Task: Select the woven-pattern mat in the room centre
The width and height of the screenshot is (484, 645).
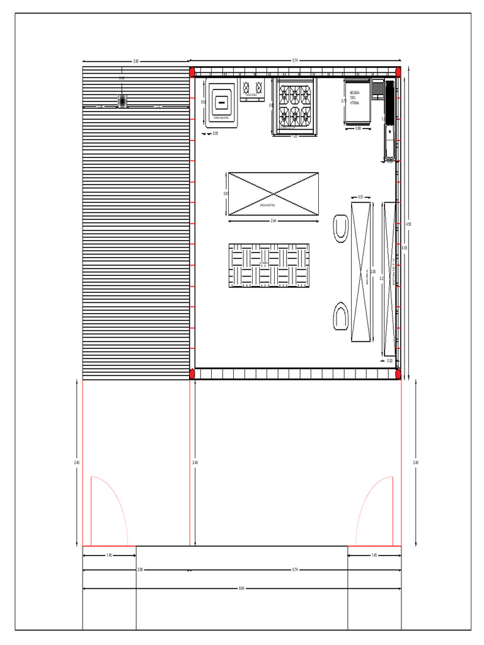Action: click(269, 265)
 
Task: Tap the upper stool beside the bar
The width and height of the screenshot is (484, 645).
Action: click(341, 227)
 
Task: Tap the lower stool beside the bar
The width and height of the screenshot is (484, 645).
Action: click(341, 316)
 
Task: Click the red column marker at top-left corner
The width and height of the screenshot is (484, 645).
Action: click(192, 72)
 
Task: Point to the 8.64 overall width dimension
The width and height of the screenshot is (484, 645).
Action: click(242, 589)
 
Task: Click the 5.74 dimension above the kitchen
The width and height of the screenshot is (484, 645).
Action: click(295, 60)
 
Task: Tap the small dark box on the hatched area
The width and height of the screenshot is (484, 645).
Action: click(122, 101)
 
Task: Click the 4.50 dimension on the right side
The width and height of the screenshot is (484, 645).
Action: click(408, 224)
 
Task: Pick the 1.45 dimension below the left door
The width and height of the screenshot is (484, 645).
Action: click(109, 555)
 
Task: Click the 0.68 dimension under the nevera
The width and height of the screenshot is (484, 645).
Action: click(358, 128)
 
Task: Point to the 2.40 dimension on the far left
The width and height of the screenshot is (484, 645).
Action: click(77, 463)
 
